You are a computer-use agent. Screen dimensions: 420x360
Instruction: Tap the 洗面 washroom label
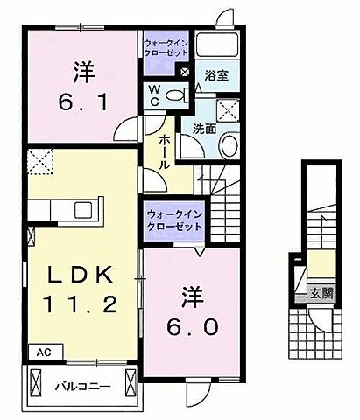[x=205, y=128]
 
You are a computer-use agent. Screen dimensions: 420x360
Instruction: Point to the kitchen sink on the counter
[x=86, y=210]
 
